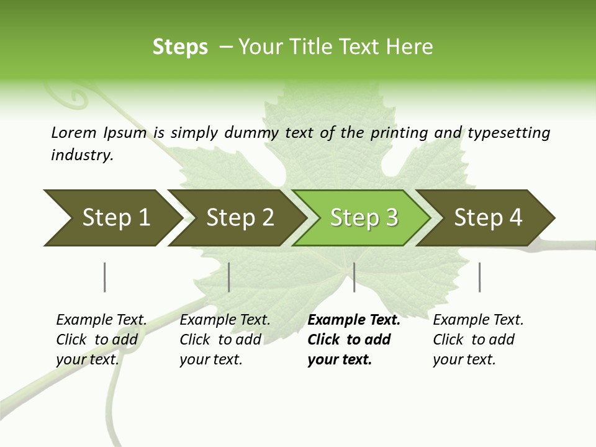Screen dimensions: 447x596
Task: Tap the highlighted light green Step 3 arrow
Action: click(364, 218)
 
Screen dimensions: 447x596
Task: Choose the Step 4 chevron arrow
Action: click(488, 218)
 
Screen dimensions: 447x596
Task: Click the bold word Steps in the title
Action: click(180, 47)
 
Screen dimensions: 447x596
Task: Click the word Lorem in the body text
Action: click(74, 132)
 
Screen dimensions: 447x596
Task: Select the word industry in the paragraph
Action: click(81, 155)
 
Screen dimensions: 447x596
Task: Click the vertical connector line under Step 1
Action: click(104, 277)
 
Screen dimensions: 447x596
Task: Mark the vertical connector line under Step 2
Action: click(229, 277)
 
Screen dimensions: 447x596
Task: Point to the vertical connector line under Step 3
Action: click(354, 277)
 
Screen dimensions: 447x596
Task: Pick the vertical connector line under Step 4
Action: click(479, 277)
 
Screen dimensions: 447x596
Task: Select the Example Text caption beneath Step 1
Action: click(101, 339)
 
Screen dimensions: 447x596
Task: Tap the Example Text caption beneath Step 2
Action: click(225, 339)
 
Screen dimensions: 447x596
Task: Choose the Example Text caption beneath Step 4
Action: click(478, 339)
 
